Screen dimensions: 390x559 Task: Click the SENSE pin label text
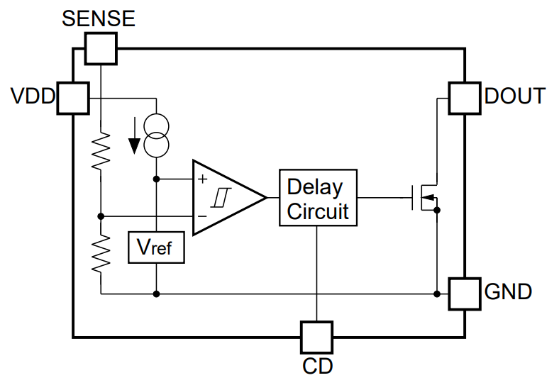(x=99, y=18)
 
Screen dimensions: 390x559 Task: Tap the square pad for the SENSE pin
(x=101, y=49)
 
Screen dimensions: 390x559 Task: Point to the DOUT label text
(x=516, y=96)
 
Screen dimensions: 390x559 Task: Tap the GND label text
(x=508, y=291)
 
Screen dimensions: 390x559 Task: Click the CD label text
(x=317, y=367)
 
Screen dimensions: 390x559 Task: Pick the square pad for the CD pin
(x=316, y=337)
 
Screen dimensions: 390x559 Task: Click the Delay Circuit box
(x=317, y=198)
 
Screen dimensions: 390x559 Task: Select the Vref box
(x=156, y=247)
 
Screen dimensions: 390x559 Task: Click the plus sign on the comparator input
(x=204, y=179)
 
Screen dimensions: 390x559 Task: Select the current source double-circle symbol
(x=156, y=135)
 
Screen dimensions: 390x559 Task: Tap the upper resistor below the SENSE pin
(x=101, y=150)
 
